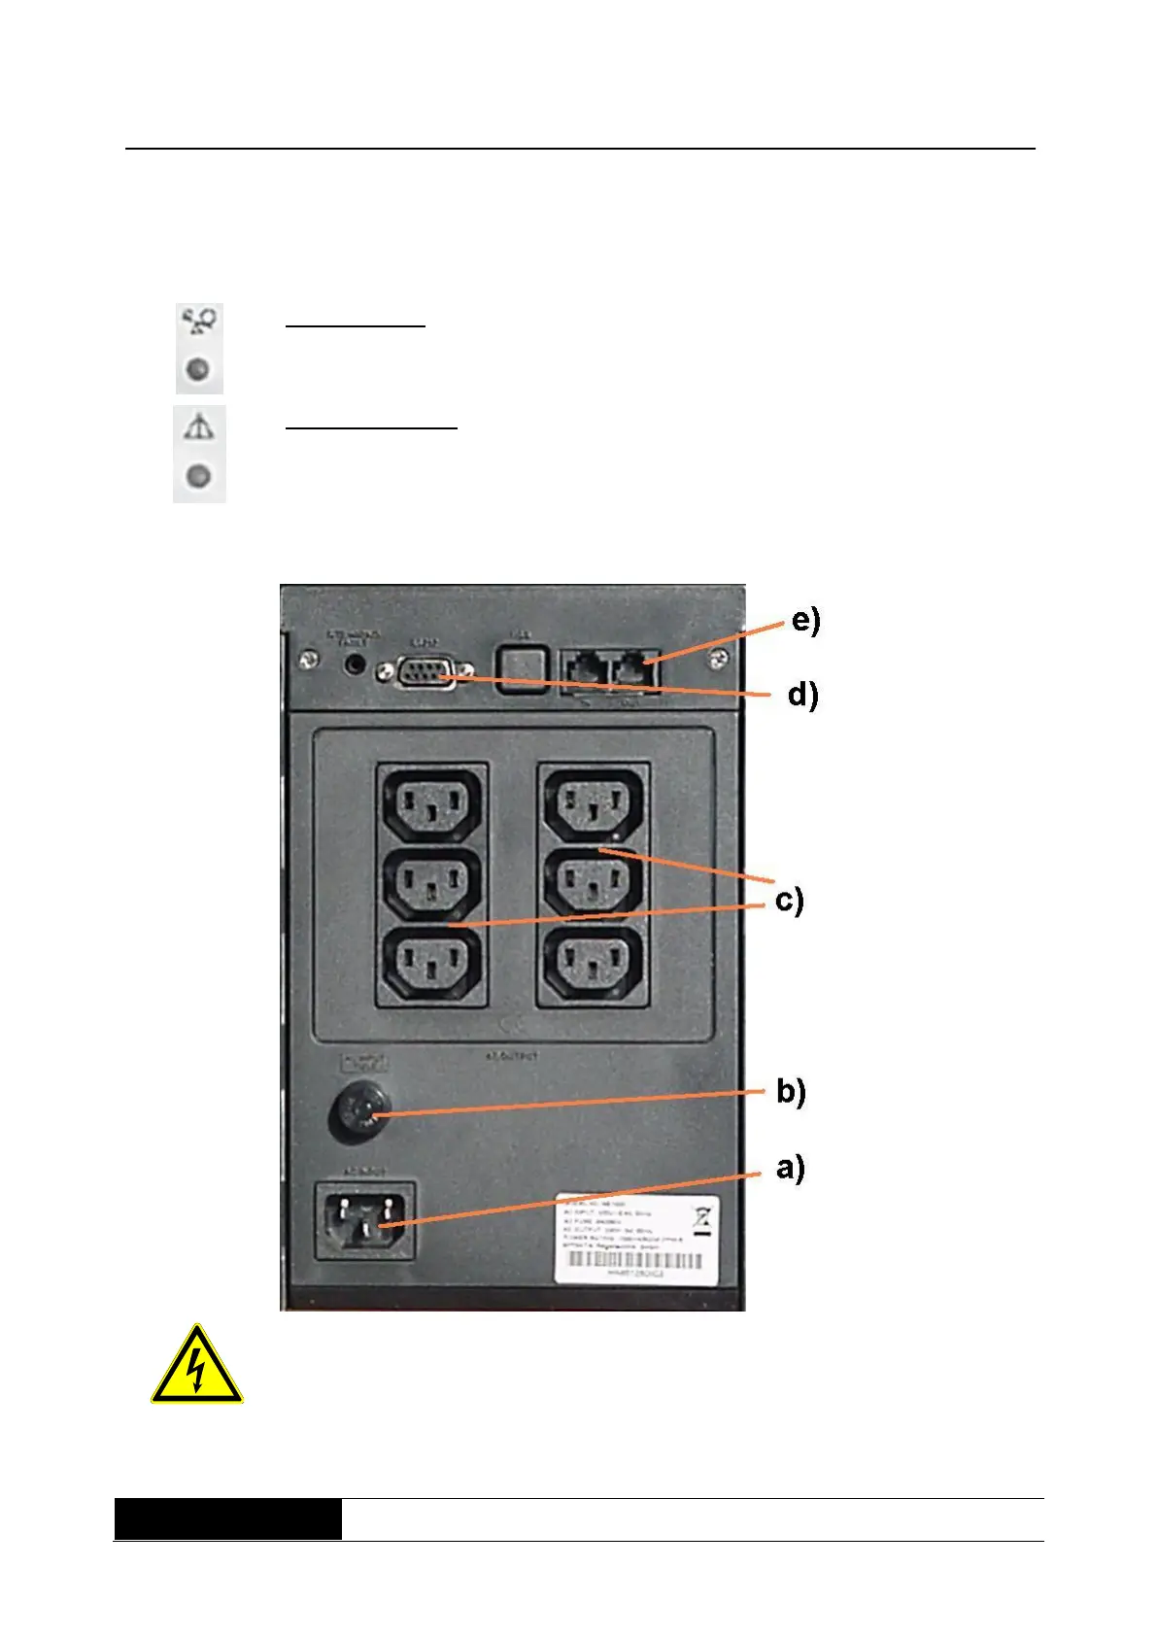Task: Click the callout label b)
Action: (791, 1092)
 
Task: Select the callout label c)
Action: (789, 901)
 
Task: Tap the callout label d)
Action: (802, 695)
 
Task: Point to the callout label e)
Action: (805, 620)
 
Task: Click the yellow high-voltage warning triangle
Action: (196, 1367)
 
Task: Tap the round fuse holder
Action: (359, 1113)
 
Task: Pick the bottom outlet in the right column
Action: (593, 965)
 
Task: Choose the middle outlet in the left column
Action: (431, 885)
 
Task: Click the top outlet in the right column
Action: (593, 802)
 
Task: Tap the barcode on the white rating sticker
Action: (633, 1260)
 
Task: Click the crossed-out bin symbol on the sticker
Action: (702, 1217)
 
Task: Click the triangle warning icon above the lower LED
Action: (199, 427)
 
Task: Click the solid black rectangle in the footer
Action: (227, 1519)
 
